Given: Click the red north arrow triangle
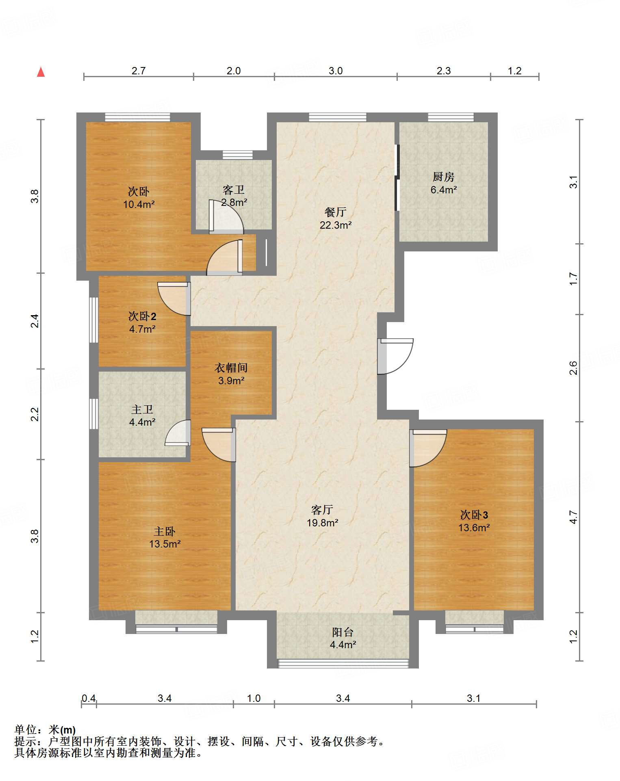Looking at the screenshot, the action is coord(41,72).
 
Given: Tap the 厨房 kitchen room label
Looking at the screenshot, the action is coord(443,177).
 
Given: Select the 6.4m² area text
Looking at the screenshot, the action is coord(444,190).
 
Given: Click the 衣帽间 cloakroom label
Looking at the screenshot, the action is coord(231,368).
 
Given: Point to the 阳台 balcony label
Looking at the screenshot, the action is coord(343,632).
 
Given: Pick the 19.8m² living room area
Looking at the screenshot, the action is coord(323,523).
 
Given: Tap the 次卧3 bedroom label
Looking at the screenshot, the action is coord(474,515).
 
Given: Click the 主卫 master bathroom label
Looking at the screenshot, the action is coord(142,409).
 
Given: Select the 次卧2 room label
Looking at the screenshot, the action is coord(142,316).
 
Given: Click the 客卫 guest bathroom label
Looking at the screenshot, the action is coord(234,189).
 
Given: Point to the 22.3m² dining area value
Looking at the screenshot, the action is coord(336,225).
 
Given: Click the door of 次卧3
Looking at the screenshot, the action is coord(428,448).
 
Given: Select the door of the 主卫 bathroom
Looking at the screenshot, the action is coord(178,433).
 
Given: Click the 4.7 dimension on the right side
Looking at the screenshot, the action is coord(573,517).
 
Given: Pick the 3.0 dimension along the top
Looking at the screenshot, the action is coord(336,71).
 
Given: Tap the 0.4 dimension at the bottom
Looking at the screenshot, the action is coord(89,698).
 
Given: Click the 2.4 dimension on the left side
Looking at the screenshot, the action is coord(35,321).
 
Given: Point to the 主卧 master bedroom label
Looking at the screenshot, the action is coord(165,531).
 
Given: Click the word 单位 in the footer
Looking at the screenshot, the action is coord(26,730).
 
